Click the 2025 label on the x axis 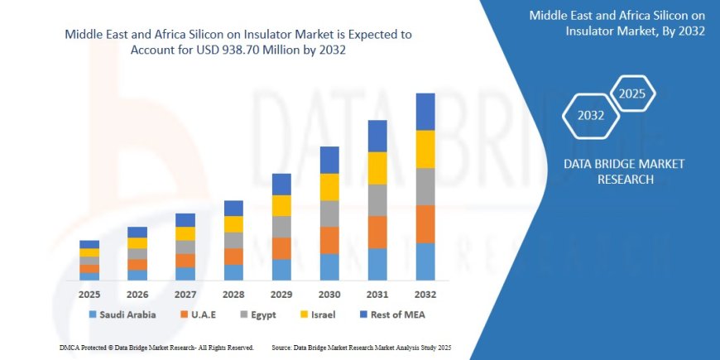(x=89, y=294)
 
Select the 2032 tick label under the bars (x=425, y=294)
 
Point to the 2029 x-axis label (x=281, y=294)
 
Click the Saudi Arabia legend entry (x=122, y=314)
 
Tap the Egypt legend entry (x=257, y=314)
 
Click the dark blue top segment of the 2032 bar (x=425, y=112)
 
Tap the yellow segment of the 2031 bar (x=377, y=168)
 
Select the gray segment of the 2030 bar (x=329, y=214)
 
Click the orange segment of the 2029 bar (x=281, y=248)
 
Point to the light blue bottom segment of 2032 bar (x=425, y=262)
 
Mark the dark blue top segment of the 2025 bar (x=89, y=244)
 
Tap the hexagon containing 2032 (x=591, y=115)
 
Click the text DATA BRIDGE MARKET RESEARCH (x=623, y=171)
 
